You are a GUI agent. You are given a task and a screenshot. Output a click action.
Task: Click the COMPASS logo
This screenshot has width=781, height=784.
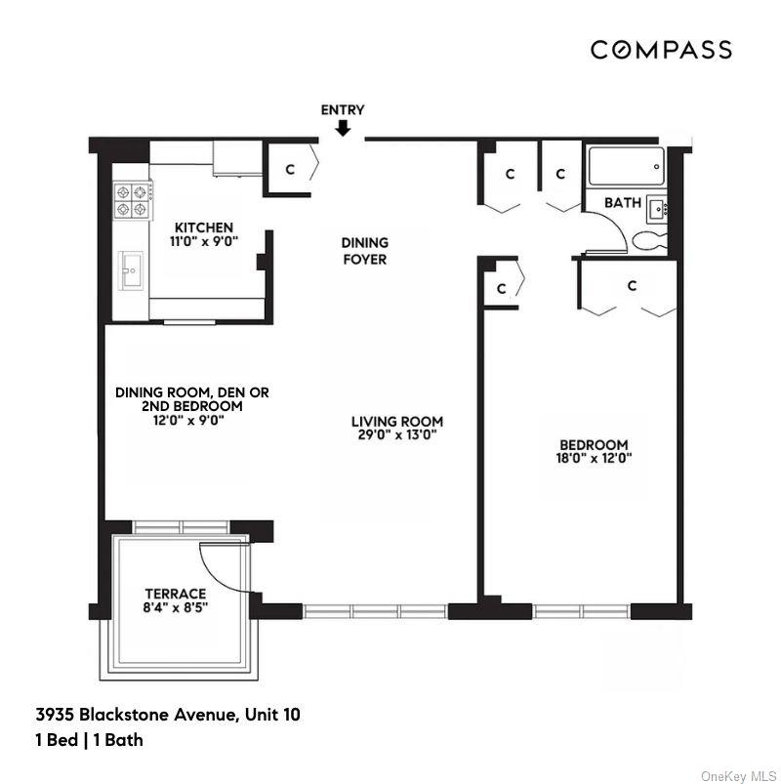click(x=660, y=50)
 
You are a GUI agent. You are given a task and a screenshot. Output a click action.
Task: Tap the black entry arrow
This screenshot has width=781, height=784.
click(x=343, y=128)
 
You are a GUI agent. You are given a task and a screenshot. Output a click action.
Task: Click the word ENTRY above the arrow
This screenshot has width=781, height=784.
click(x=343, y=109)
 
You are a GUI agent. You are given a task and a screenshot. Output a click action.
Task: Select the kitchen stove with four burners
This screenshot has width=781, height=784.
click(x=133, y=200)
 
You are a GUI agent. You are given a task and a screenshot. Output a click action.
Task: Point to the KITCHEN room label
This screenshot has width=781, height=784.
click(x=204, y=227)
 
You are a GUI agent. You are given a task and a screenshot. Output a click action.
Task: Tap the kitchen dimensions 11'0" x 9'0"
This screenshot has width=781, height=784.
click(x=204, y=240)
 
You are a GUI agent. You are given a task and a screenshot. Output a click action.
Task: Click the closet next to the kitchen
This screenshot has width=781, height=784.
click(x=289, y=169)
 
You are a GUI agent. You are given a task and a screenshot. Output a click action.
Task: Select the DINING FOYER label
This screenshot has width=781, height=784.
click(x=364, y=251)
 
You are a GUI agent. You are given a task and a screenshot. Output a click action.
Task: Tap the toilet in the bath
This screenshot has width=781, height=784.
click(x=648, y=239)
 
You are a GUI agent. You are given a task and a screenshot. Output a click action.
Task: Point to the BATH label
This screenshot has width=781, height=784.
click(x=622, y=203)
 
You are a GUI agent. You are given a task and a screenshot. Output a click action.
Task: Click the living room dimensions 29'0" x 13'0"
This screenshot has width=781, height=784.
click(x=390, y=435)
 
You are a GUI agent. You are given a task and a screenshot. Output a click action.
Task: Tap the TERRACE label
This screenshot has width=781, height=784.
click(x=176, y=594)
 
